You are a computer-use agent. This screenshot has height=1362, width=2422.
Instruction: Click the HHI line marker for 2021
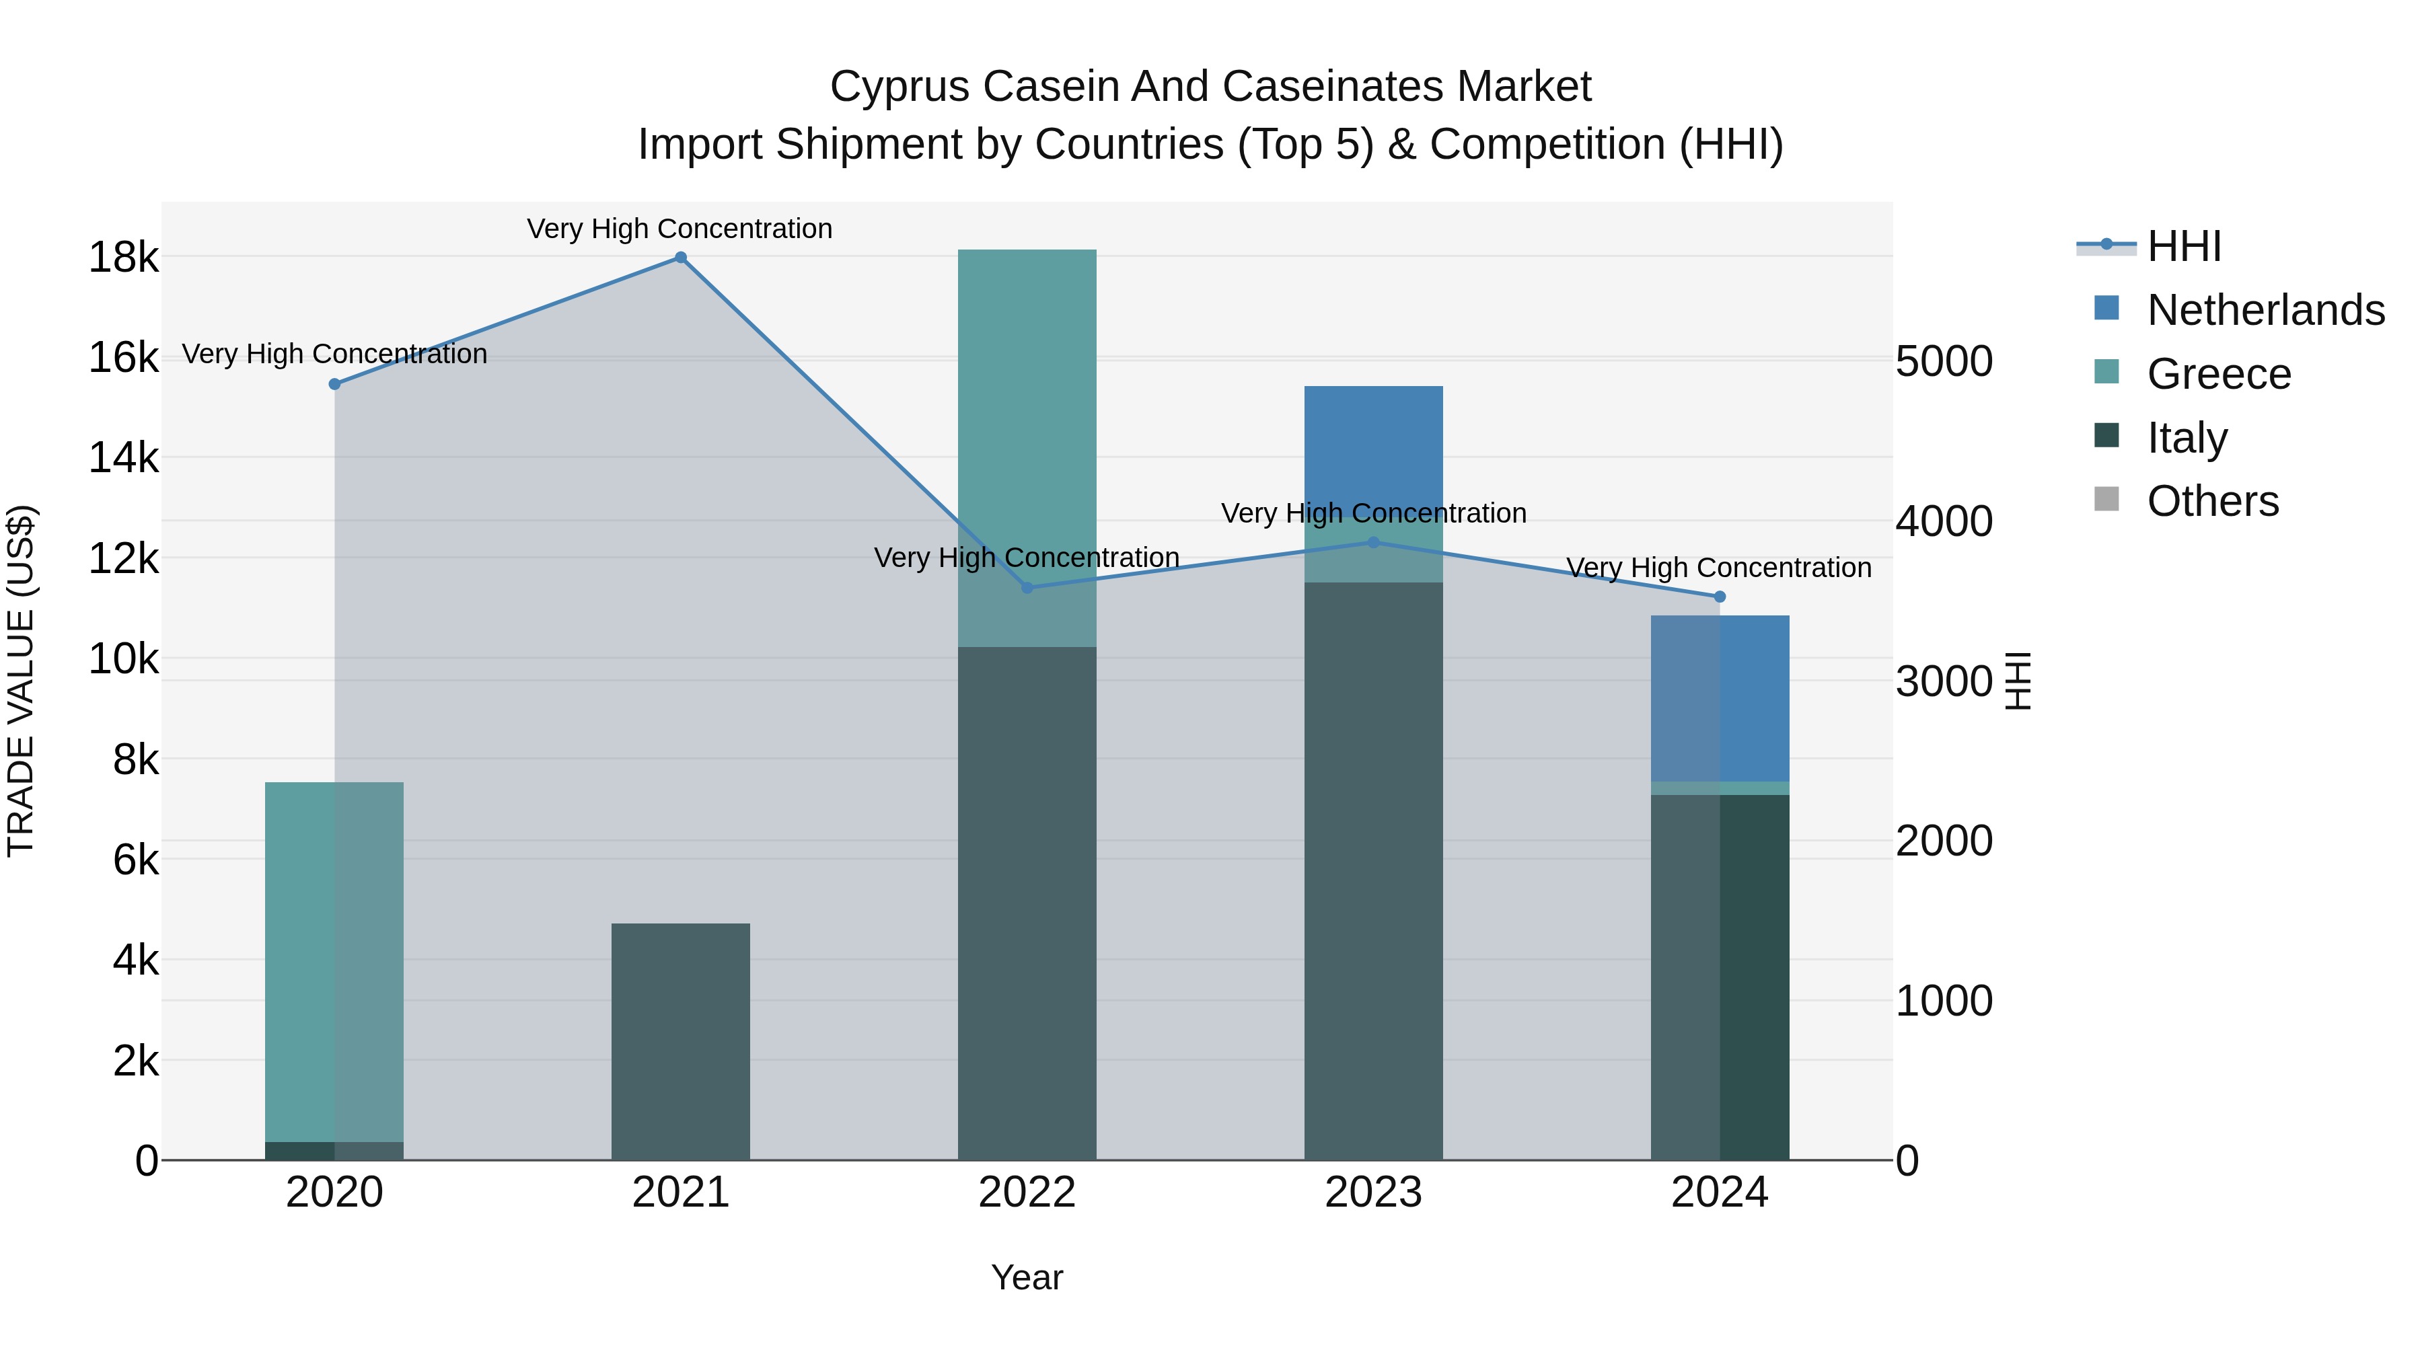(x=681, y=258)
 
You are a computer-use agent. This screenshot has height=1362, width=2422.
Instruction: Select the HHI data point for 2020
(x=335, y=385)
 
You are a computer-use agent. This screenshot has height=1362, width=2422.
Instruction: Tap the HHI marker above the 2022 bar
(x=1027, y=587)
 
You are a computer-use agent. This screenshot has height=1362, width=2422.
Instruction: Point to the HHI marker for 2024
(x=1720, y=597)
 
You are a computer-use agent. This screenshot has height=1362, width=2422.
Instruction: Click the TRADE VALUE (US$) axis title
(x=21, y=681)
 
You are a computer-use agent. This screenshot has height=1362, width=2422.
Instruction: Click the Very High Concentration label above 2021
(x=679, y=229)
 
